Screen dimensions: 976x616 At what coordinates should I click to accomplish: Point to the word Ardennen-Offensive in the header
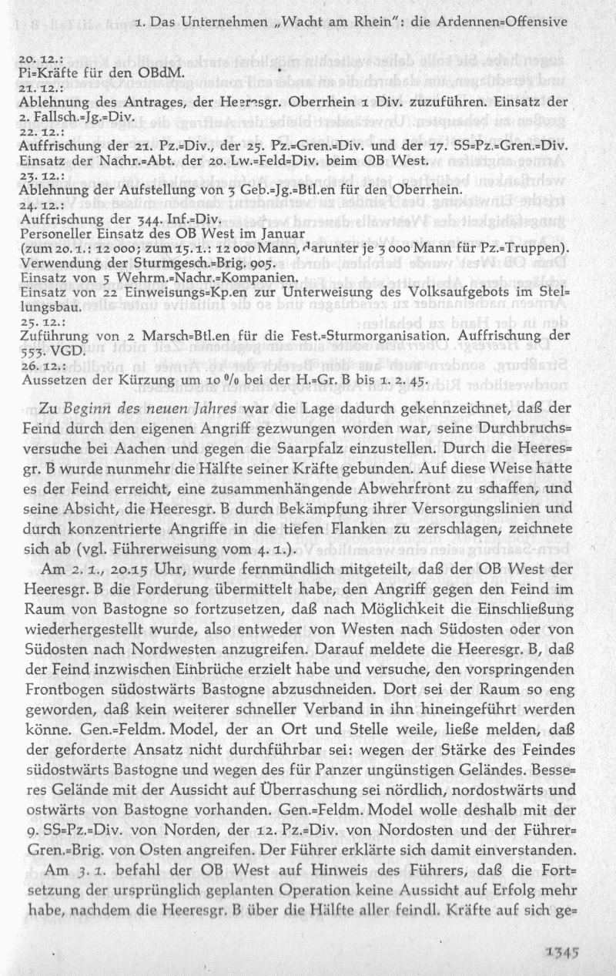[512, 19]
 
